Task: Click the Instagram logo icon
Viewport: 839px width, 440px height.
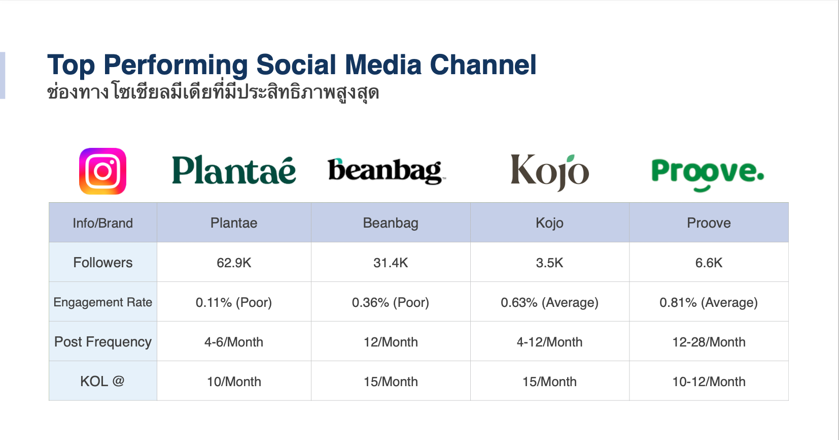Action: click(102, 171)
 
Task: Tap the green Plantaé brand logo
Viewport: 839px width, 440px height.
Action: click(234, 170)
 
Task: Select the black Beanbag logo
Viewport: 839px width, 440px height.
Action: click(387, 171)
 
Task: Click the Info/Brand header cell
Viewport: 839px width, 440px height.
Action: click(103, 223)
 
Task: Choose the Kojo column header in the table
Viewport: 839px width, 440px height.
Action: click(549, 223)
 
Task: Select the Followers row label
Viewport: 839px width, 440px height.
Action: click(103, 262)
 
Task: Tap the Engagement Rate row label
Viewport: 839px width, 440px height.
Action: click(103, 302)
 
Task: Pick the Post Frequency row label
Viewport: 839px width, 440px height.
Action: click(103, 342)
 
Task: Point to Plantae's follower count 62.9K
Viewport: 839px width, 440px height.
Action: click(234, 263)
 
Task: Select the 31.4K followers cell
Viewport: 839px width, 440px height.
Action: click(391, 263)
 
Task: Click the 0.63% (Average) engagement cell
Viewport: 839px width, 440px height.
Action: click(549, 302)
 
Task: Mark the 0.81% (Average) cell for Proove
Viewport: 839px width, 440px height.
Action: click(709, 302)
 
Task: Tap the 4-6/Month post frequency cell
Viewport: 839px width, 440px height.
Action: click(234, 342)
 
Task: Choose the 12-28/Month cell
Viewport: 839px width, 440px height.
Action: click(709, 342)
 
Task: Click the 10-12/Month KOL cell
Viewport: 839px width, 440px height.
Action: click(709, 382)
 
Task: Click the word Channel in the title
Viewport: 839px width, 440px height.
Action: click(483, 65)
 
